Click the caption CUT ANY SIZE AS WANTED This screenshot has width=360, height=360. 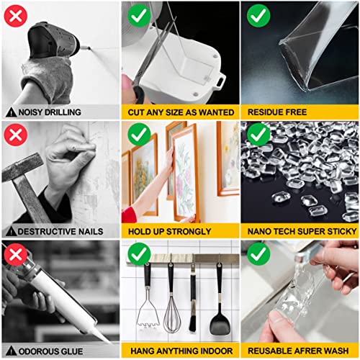click(180, 112)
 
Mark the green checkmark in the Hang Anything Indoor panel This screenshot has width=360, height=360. click(138, 254)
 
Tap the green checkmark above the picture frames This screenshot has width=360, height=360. click(138, 135)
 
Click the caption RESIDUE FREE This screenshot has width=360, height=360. click(276, 112)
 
